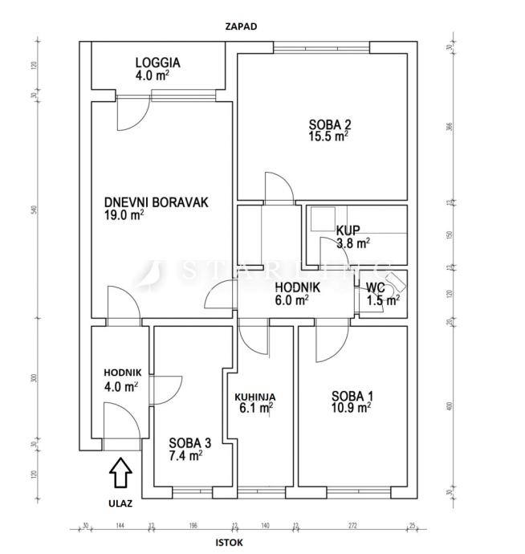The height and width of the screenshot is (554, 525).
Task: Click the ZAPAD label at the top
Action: pyautogui.click(x=242, y=26)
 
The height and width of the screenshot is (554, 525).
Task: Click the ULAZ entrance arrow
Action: pyautogui.click(x=120, y=473)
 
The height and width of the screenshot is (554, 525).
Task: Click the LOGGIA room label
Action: pyautogui.click(x=157, y=62)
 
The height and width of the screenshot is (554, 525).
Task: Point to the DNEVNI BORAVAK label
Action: pyautogui.click(x=156, y=202)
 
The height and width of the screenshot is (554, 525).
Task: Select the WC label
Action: pyautogui.click(x=376, y=288)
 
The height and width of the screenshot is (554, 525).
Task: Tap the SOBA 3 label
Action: pyautogui.click(x=190, y=442)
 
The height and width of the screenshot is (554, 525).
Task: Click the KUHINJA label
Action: pyautogui.click(x=255, y=397)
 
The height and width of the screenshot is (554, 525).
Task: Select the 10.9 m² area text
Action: pyautogui.click(x=352, y=408)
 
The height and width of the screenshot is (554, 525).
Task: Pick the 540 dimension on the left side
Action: pyautogui.click(x=34, y=210)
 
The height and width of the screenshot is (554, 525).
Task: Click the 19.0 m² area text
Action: pyautogui.click(x=124, y=215)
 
